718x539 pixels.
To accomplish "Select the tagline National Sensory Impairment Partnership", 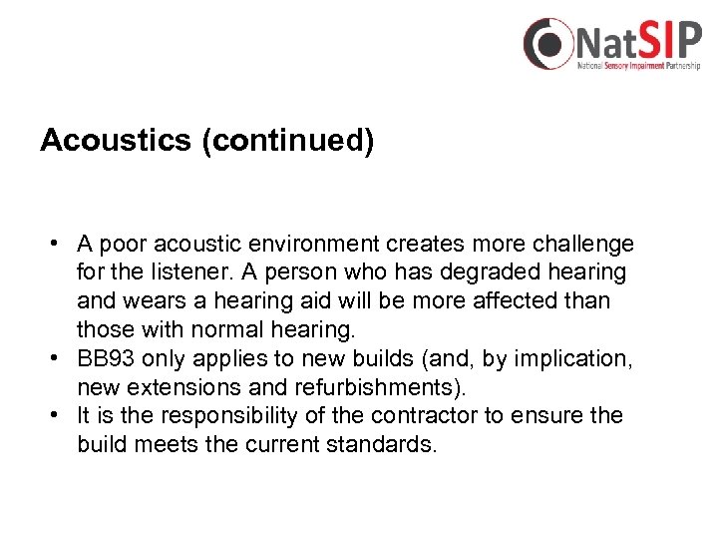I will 639,66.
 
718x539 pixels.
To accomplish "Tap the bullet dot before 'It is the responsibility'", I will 60,415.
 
